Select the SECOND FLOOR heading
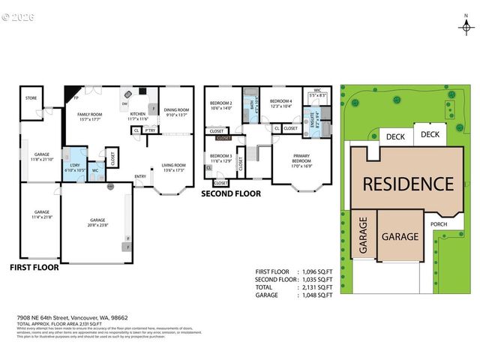pyautogui.click(x=231, y=193)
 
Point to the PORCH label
pyautogui.click(x=438, y=223)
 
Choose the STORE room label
pyautogui.click(x=31, y=97)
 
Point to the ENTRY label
pyautogui.click(x=140, y=177)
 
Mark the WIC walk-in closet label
pyautogui.click(x=317, y=90)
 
